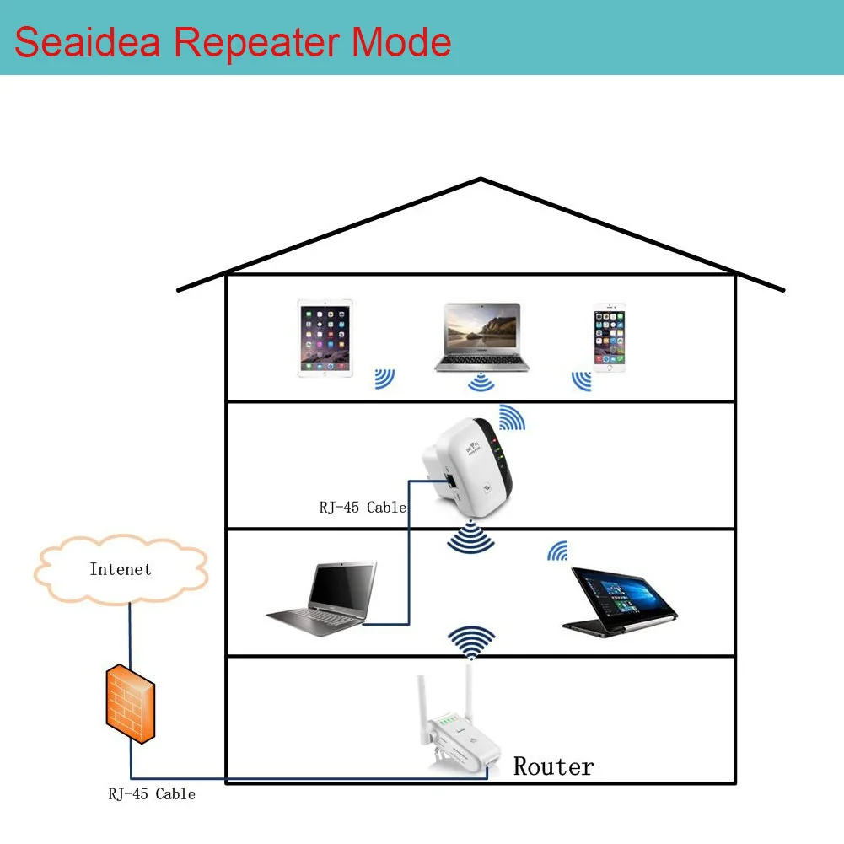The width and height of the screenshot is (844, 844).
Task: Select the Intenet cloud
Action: pyautogui.click(x=121, y=570)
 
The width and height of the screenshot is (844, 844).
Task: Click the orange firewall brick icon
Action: pyautogui.click(x=131, y=702)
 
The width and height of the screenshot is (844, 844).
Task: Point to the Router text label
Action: pyautogui.click(x=553, y=766)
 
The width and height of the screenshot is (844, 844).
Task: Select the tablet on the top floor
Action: pyautogui.click(x=325, y=338)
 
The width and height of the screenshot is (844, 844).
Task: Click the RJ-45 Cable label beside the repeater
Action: pyautogui.click(x=363, y=508)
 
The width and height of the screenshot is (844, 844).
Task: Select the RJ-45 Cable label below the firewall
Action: pyautogui.click(x=152, y=793)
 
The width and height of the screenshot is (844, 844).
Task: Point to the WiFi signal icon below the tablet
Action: pyautogui.click(x=384, y=379)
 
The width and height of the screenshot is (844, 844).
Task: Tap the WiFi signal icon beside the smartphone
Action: pyautogui.click(x=581, y=380)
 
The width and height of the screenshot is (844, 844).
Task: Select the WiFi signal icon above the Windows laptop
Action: pyautogui.click(x=557, y=551)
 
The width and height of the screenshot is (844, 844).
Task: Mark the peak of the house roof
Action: pyautogui.click(x=481, y=179)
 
